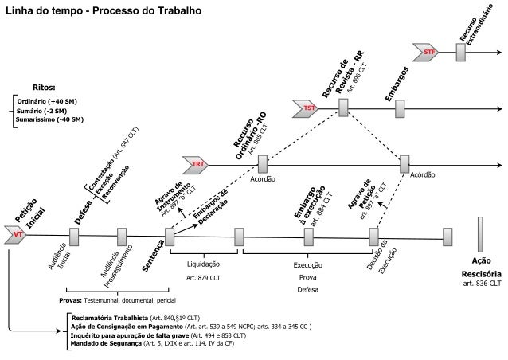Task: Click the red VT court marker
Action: [16, 236]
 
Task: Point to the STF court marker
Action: [428, 53]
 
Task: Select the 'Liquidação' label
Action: [202, 264]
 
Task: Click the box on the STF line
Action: [460, 53]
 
